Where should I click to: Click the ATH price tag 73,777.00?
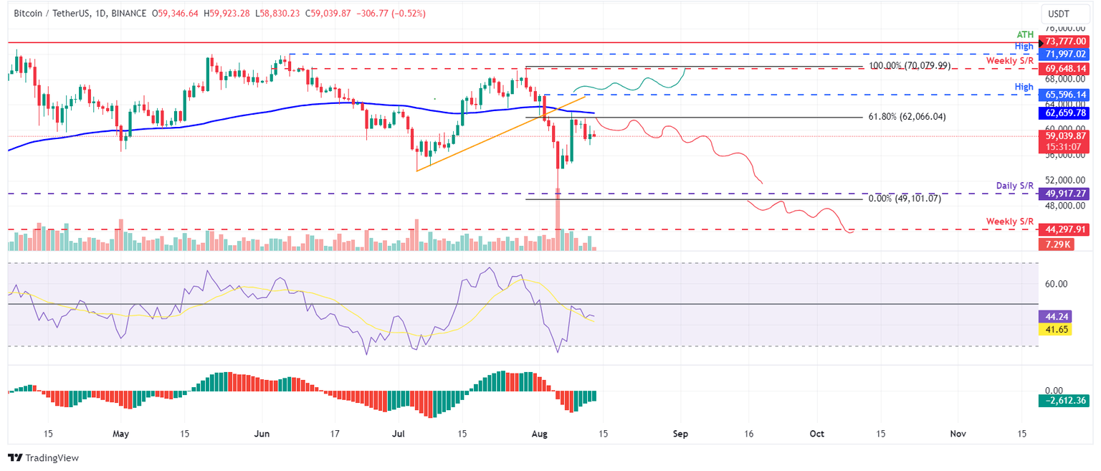pyautogui.click(x=1064, y=43)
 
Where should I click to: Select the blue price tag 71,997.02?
pyautogui.click(x=1064, y=54)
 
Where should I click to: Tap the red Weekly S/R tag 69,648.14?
pyautogui.click(x=1064, y=69)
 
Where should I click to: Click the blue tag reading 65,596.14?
pyautogui.click(x=1064, y=95)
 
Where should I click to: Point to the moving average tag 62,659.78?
pyautogui.click(x=1064, y=113)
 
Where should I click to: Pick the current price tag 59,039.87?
pyautogui.click(x=1064, y=135)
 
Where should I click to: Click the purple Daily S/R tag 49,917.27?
pyautogui.click(x=1064, y=194)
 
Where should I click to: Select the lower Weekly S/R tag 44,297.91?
pyautogui.click(x=1064, y=230)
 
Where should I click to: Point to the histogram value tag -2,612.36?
pyautogui.click(x=1064, y=401)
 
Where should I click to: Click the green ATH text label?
pyautogui.click(x=1026, y=34)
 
